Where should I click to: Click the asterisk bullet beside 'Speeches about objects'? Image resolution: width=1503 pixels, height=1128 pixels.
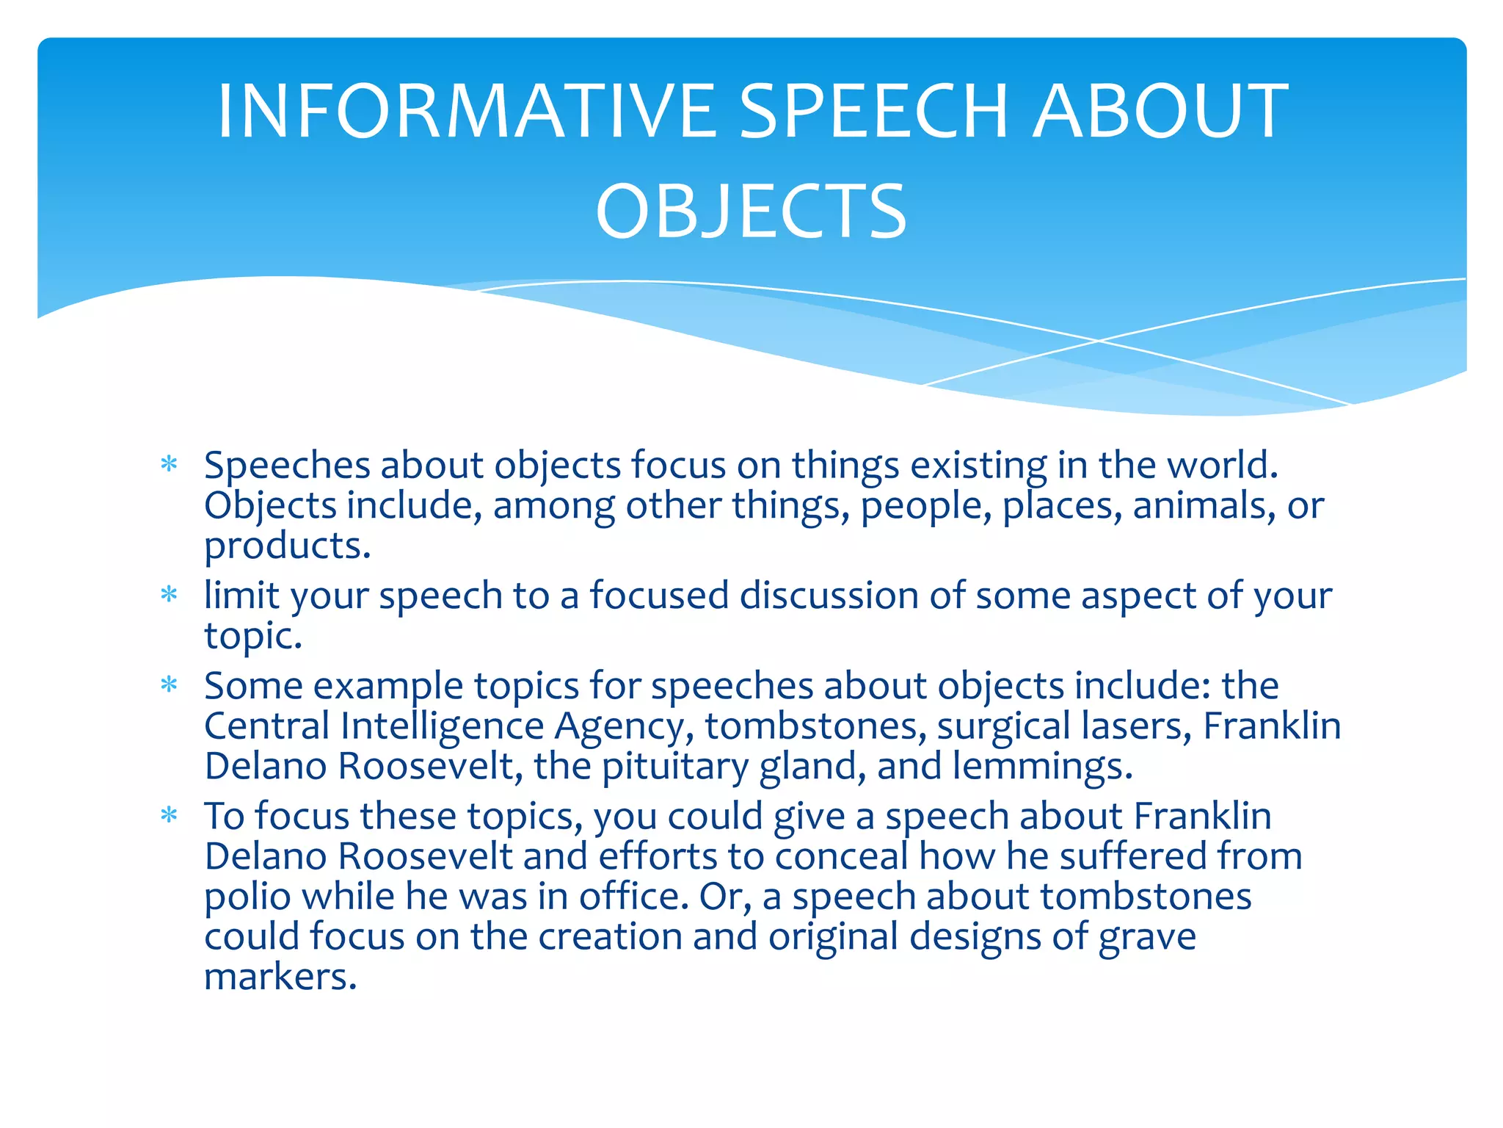(170, 465)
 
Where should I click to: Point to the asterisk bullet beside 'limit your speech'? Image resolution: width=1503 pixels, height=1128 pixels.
(170, 594)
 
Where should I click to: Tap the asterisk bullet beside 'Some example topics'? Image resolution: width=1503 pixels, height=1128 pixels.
(170, 685)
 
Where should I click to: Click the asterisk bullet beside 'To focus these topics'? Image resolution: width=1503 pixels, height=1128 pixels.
(170, 815)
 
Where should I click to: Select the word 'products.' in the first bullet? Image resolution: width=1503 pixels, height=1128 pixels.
(288, 547)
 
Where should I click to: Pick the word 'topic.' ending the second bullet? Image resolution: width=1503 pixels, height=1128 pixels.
(253, 636)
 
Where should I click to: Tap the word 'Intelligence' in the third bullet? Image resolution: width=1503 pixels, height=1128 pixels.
(442, 726)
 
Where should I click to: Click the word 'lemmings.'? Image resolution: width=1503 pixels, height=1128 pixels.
(1043, 766)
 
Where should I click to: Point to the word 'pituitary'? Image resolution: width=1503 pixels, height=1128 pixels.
(674, 767)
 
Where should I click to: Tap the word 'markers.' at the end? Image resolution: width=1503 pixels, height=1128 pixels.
(280, 977)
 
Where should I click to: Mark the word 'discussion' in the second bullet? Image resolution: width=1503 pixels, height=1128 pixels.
(829, 595)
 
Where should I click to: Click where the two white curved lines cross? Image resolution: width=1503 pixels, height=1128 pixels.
(1099, 341)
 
